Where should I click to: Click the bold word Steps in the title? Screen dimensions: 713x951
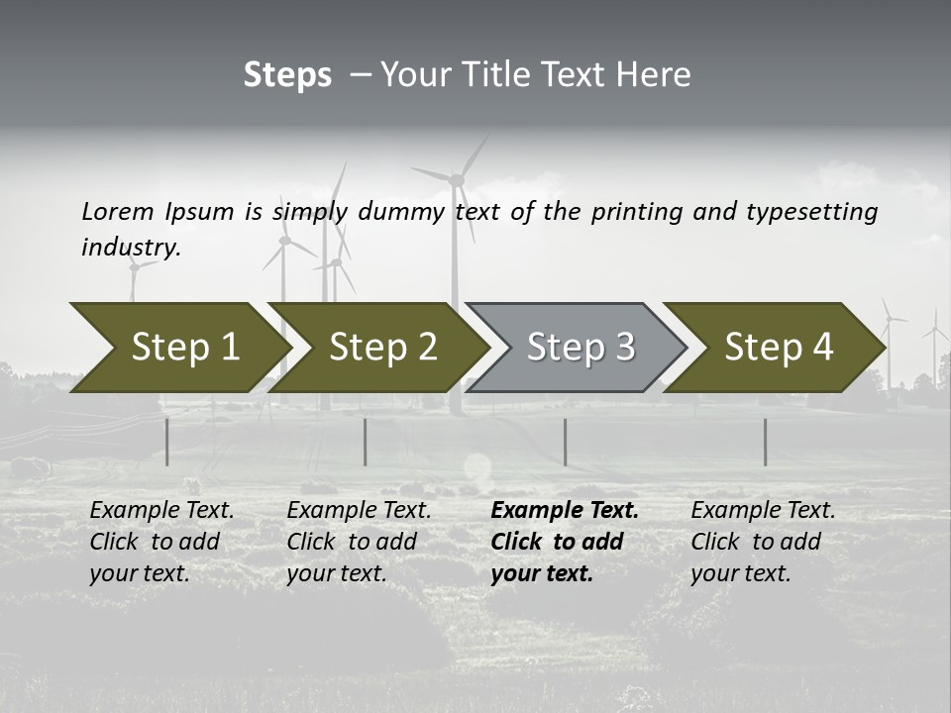point(287,75)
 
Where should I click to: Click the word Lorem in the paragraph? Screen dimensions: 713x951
point(117,211)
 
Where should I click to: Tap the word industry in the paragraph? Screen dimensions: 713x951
point(130,248)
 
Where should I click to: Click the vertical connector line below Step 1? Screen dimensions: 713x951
point(166,442)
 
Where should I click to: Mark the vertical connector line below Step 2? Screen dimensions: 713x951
point(365,442)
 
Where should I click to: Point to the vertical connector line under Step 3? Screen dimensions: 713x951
point(565,442)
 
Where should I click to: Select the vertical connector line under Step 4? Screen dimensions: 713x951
point(765,442)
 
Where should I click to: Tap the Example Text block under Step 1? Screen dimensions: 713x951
point(161,542)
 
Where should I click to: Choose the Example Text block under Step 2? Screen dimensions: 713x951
point(359,542)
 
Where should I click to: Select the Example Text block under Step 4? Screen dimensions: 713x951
point(763,542)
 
